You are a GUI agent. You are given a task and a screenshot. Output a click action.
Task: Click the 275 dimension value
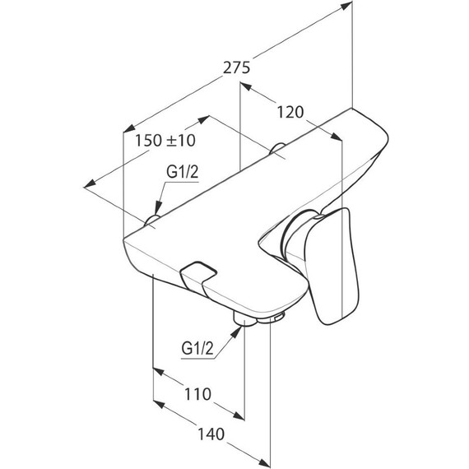click(x=236, y=67)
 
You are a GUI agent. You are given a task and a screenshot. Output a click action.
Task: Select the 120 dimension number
click(x=290, y=113)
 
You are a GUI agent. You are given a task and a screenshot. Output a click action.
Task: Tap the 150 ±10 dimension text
click(x=165, y=140)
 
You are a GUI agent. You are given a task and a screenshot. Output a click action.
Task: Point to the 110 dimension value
click(x=197, y=394)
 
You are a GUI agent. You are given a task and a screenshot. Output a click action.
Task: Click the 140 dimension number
click(x=211, y=434)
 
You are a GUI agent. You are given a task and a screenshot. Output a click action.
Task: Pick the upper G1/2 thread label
click(x=182, y=172)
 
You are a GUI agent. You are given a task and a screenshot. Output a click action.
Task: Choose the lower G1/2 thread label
click(x=197, y=348)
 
